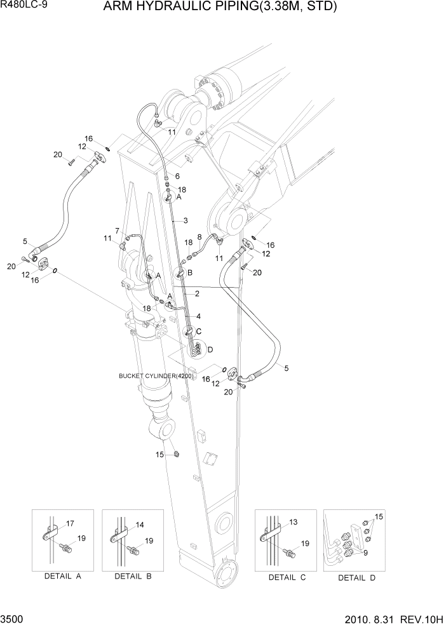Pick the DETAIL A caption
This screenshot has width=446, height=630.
[x=62, y=577]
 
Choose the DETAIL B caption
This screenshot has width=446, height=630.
[x=132, y=577]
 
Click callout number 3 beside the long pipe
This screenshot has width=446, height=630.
[x=185, y=220]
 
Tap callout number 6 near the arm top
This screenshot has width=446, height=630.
[x=177, y=176]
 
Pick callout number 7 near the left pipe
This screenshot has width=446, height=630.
[x=118, y=230]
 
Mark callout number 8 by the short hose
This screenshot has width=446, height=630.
[x=199, y=237]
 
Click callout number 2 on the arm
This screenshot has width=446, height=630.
[x=198, y=293]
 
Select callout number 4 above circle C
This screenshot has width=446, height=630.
[x=198, y=316]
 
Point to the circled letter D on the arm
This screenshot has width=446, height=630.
[x=210, y=350]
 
